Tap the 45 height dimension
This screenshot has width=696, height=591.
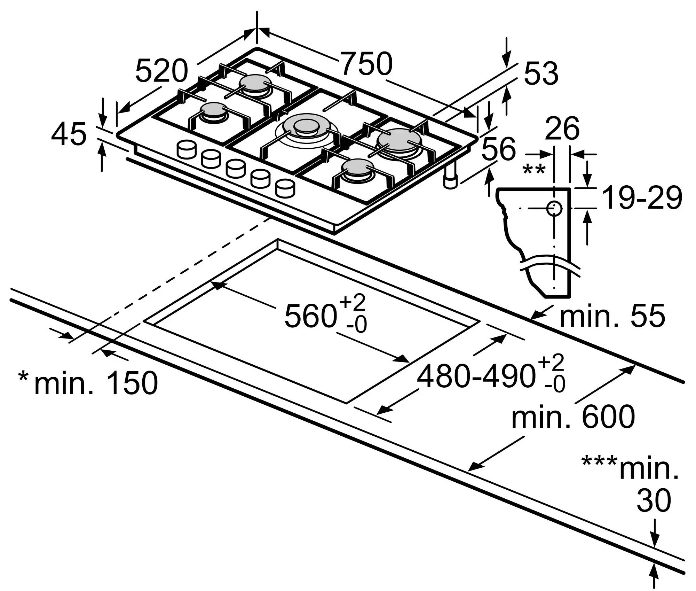click(69, 134)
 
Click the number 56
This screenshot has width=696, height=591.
click(498, 148)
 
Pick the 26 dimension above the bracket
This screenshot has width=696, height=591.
click(562, 129)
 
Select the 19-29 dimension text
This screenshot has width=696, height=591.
click(642, 198)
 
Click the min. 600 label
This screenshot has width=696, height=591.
click(573, 417)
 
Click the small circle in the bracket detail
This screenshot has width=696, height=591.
click(554, 209)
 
